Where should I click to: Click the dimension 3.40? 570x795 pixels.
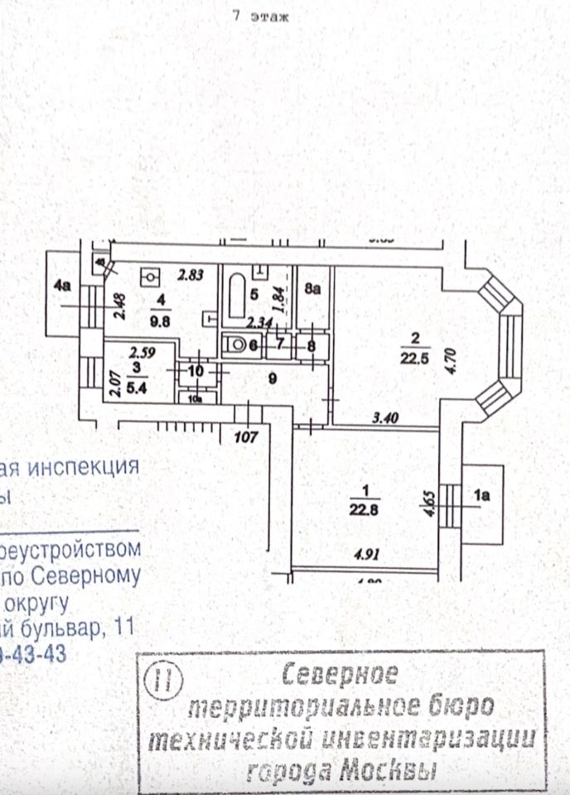[x=387, y=418]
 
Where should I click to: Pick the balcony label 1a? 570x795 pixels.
[x=482, y=496]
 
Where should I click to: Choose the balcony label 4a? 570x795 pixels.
[x=62, y=286]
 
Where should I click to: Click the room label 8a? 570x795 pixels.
[x=312, y=289]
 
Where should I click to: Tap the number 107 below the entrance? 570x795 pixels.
[x=247, y=436]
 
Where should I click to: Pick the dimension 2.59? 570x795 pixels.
[x=133, y=352]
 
